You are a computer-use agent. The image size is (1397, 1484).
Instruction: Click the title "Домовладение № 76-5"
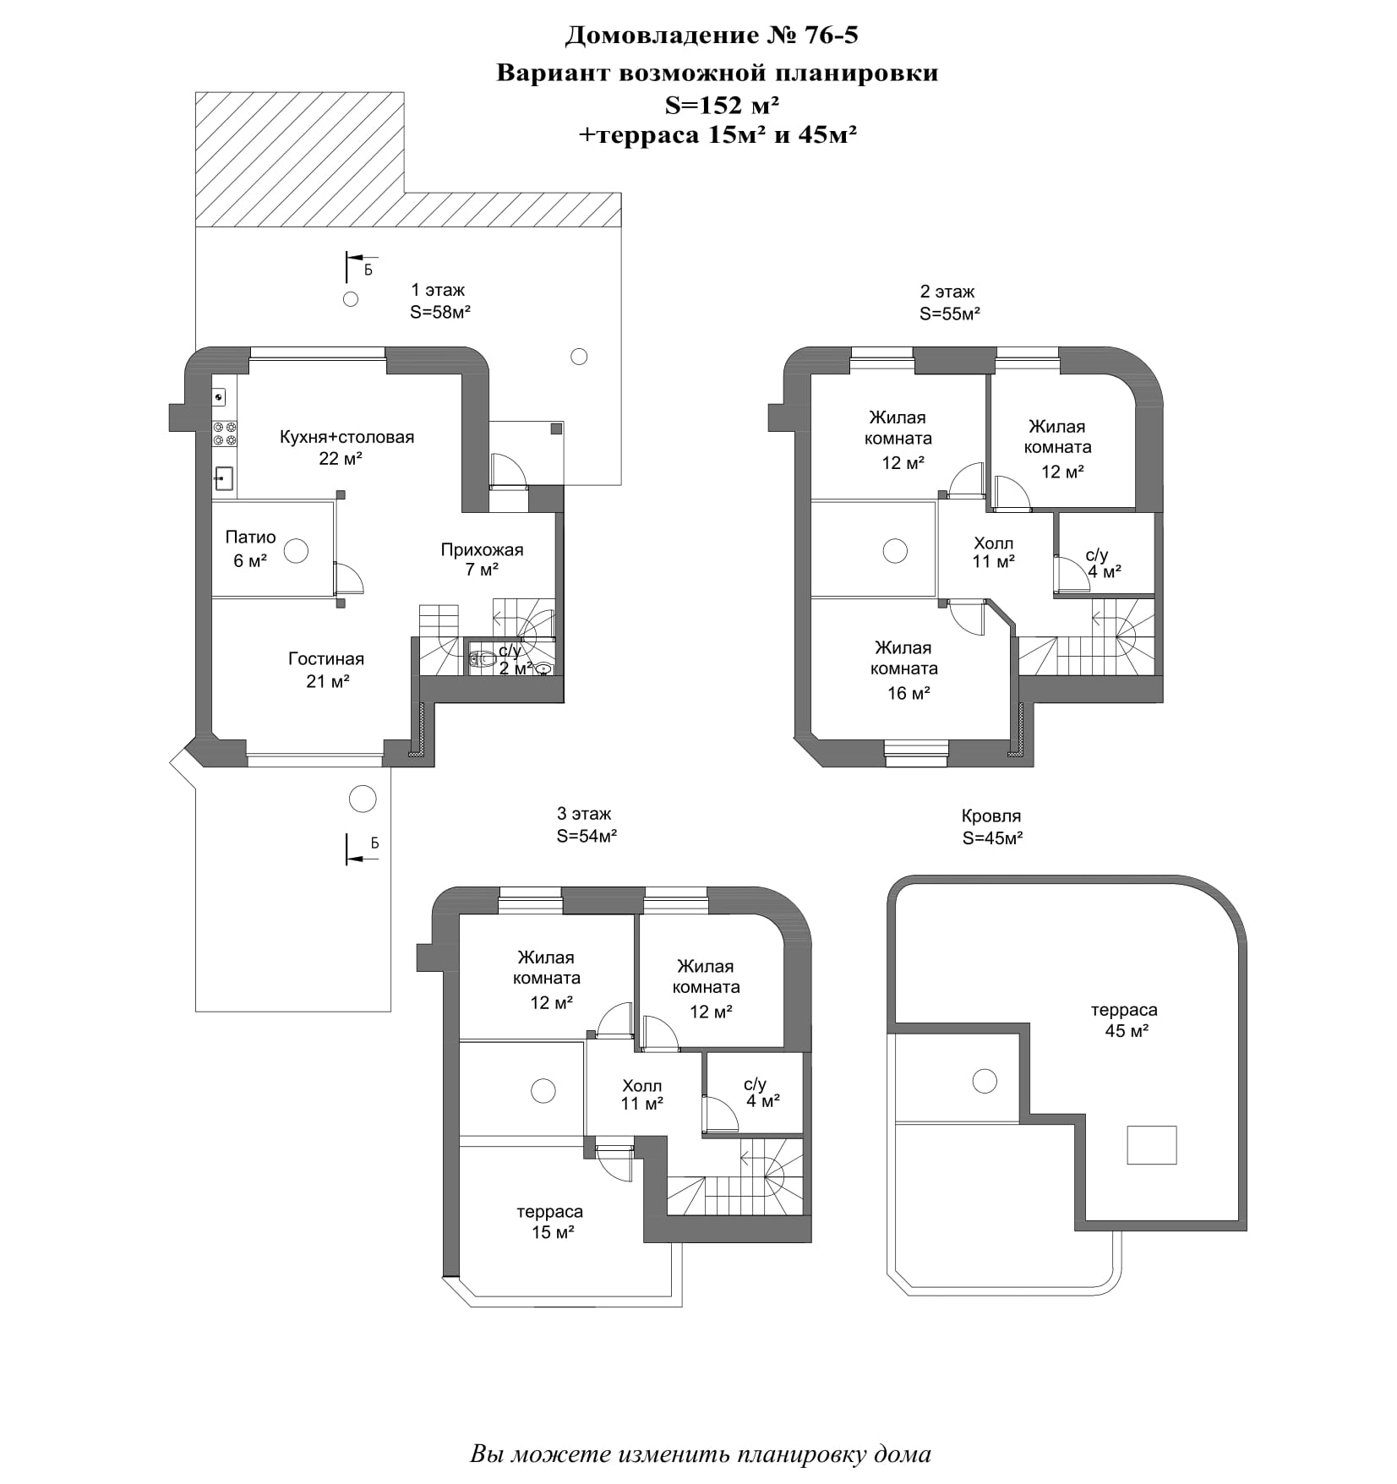[x=711, y=35]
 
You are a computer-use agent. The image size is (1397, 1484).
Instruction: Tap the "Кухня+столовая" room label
[x=347, y=437]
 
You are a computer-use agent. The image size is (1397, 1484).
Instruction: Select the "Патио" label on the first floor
[x=250, y=537]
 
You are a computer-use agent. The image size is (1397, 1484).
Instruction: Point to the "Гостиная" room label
[x=326, y=659]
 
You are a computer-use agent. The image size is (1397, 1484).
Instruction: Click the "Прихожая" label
[x=482, y=550]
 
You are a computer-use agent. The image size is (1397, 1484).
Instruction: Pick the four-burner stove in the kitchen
[x=225, y=434]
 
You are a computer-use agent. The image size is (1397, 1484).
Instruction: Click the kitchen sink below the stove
[x=224, y=479]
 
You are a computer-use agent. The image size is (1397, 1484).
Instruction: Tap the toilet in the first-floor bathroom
[x=483, y=658]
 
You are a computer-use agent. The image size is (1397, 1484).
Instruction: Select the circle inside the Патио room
[x=296, y=552]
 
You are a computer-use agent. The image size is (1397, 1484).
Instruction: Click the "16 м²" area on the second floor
[x=909, y=693]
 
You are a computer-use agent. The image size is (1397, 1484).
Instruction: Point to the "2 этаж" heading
[x=947, y=292]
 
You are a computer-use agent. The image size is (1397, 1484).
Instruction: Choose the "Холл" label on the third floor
[x=641, y=1086]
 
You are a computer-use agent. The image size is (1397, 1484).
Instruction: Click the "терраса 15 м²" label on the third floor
[x=551, y=1222]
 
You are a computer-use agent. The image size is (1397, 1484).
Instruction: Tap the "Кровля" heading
[x=991, y=816]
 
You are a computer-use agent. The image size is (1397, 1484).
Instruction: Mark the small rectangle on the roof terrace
[x=1151, y=1145]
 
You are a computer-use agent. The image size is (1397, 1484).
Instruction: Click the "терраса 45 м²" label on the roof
[x=1125, y=1020]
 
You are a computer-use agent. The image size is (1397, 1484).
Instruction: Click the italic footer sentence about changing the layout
[x=701, y=1454]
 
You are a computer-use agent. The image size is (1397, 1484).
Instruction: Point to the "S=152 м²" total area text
[x=722, y=105]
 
